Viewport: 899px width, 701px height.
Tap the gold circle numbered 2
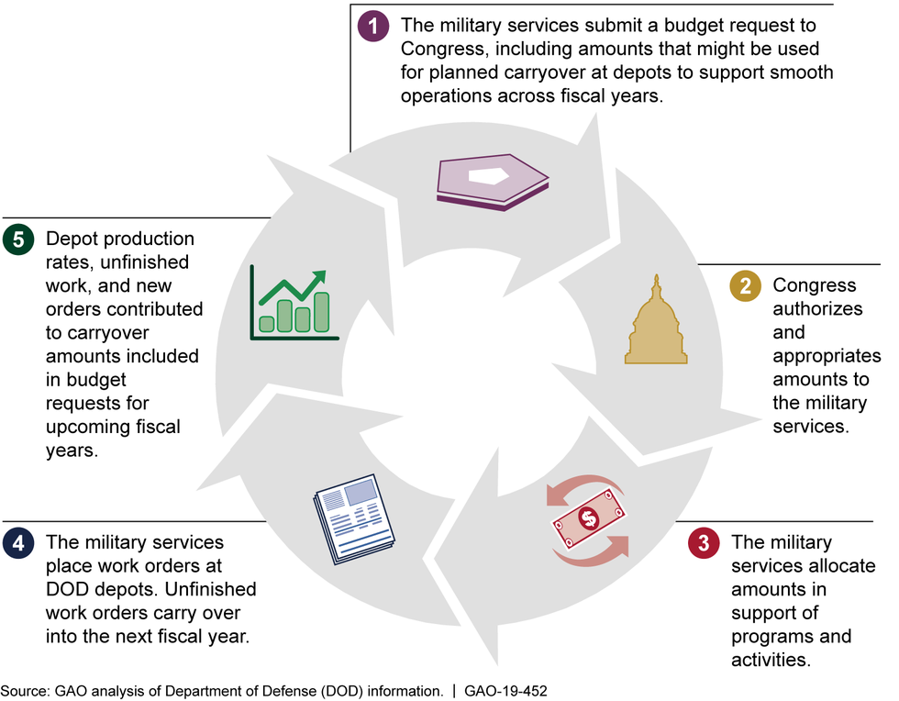click(x=746, y=285)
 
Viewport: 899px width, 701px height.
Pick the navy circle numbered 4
click(x=17, y=542)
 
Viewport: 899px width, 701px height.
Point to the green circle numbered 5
click(x=17, y=239)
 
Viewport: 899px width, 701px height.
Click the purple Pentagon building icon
click(x=492, y=180)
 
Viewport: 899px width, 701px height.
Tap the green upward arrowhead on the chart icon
click(x=318, y=277)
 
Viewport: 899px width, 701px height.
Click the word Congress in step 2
click(x=815, y=285)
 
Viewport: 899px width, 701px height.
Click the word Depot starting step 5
click(x=72, y=239)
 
